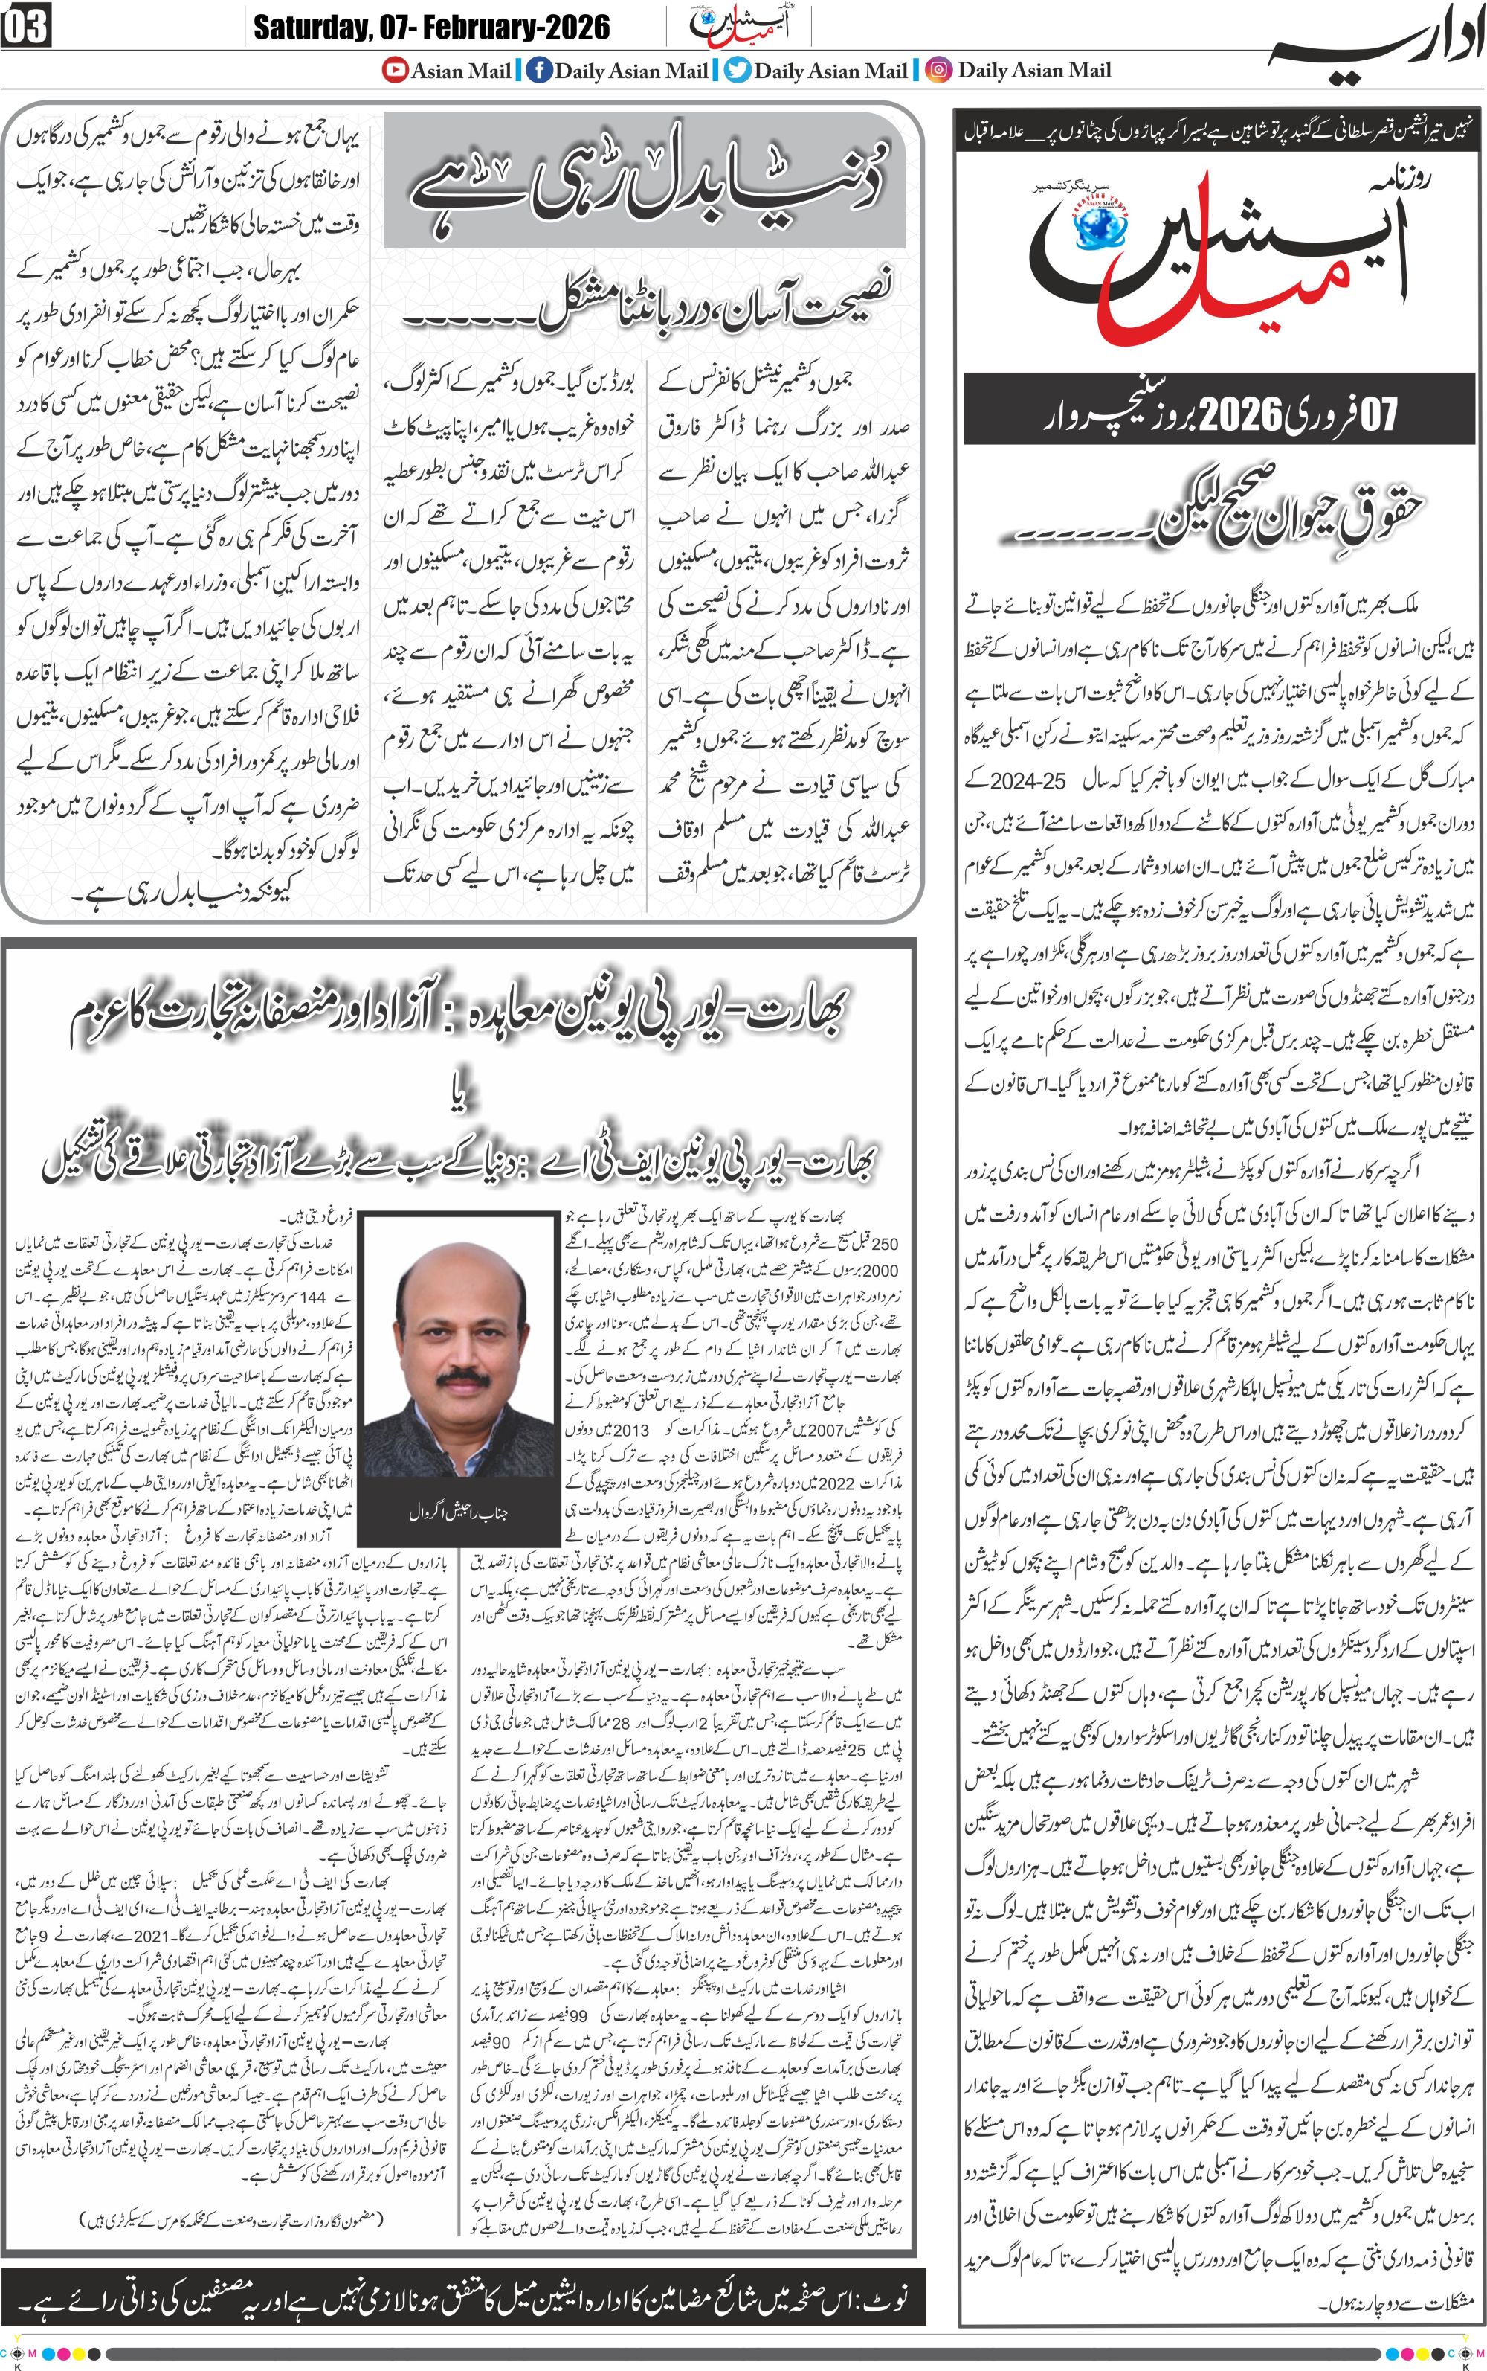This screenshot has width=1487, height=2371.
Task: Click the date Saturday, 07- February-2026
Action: (430, 27)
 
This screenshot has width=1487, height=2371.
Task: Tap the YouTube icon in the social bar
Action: (396, 70)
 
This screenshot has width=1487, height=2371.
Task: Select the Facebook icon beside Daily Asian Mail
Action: (538, 70)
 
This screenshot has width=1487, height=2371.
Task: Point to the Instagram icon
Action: (939, 70)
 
